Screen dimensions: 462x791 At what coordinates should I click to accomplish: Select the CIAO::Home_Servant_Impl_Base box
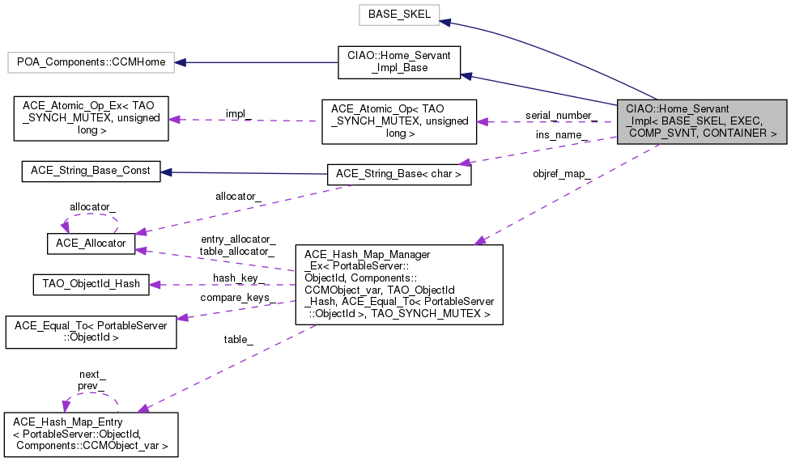point(398,62)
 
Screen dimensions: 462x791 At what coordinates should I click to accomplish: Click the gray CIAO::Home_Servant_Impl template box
point(701,121)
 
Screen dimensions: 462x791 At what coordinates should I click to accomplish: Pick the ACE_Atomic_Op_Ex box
point(87,121)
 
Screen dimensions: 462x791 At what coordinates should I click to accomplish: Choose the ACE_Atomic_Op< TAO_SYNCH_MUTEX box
point(398,121)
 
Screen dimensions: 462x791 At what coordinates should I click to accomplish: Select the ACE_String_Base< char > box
point(398,173)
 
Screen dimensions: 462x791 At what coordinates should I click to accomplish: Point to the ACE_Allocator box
point(90,243)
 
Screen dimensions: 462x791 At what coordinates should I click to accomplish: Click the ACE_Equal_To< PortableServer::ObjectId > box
point(91,332)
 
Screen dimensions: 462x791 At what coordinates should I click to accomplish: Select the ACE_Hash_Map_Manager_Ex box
point(399,284)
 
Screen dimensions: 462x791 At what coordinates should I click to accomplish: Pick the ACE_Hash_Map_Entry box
point(91,434)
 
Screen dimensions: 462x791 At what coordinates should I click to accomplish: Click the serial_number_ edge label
point(561,115)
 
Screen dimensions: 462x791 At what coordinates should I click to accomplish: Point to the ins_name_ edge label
point(561,134)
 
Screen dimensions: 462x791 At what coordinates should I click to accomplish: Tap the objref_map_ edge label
point(561,174)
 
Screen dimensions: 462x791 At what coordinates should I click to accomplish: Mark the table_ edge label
point(239,340)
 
